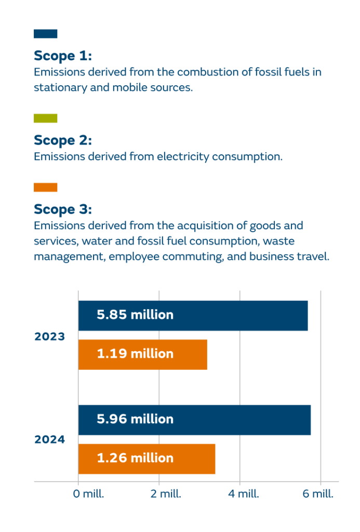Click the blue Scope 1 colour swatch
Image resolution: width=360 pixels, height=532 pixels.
(46, 34)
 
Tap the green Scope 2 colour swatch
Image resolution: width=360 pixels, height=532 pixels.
(46, 118)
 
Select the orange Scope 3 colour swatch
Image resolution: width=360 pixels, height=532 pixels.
(46, 188)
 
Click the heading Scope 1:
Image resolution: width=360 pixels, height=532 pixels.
(63, 56)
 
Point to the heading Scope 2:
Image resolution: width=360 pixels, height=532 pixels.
(63, 140)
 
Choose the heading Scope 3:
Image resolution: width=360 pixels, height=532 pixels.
(63, 209)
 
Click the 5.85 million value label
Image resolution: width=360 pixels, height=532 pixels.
(135, 315)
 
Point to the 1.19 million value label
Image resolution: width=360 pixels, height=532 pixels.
(135, 354)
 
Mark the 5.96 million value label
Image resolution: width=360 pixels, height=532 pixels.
(135, 419)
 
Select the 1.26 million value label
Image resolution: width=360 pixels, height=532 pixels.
(135, 458)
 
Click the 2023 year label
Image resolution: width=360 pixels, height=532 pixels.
(49, 337)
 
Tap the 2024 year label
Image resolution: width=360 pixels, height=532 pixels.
(49, 440)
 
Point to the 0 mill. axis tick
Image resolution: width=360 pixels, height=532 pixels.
(88, 494)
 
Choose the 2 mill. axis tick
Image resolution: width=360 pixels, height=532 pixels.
(165, 494)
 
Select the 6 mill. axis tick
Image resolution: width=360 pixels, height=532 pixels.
(317, 494)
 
